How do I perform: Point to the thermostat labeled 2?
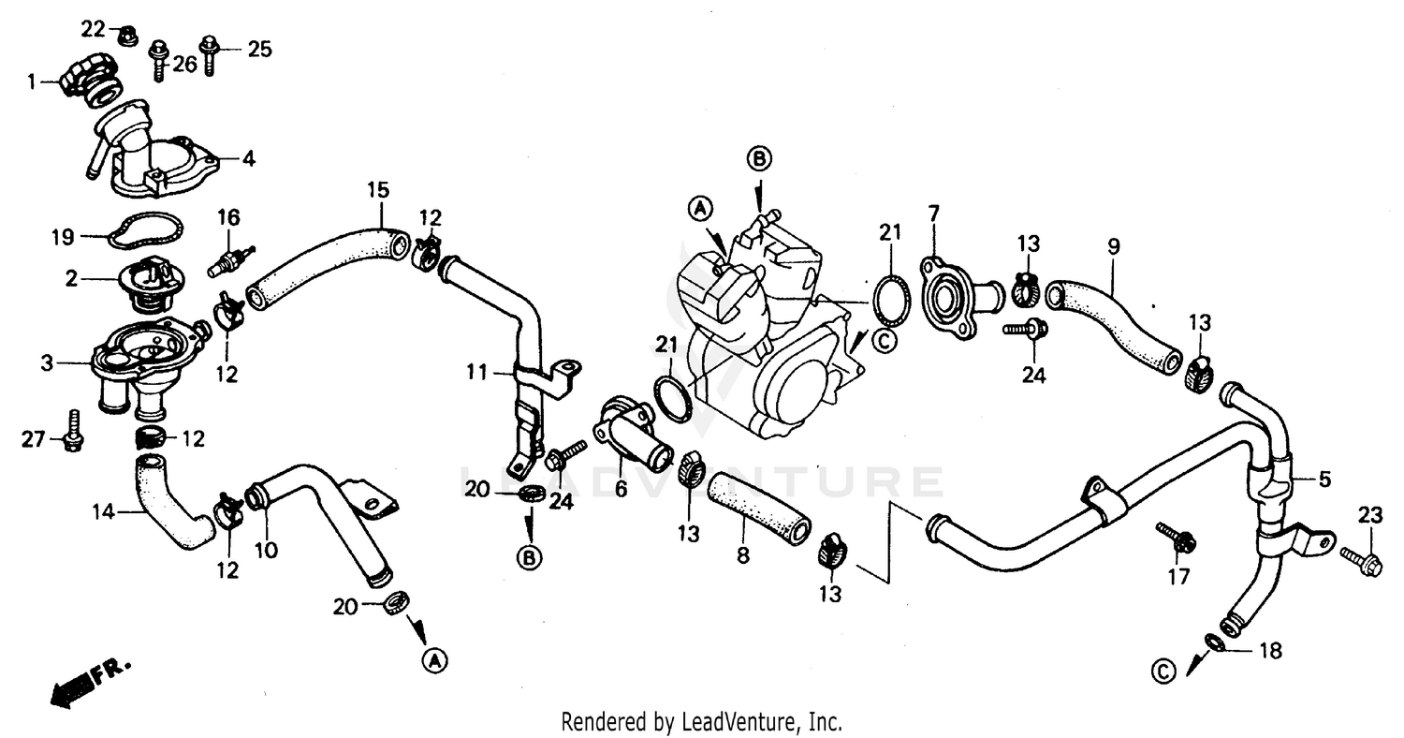(150, 281)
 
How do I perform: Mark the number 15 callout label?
(377, 190)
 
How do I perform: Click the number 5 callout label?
(1324, 480)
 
